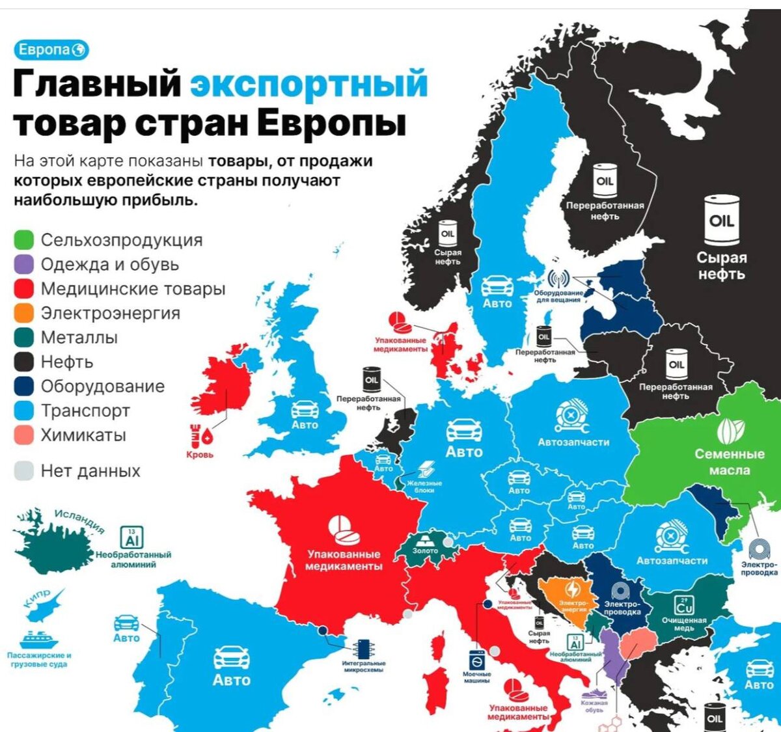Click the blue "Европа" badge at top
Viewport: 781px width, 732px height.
pos(51,50)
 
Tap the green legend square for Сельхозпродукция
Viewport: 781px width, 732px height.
pos(23,240)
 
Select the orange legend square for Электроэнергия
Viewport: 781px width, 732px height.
pos(23,313)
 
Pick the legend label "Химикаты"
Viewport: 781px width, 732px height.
pos(83,435)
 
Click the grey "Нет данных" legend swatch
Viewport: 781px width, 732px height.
pos(23,471)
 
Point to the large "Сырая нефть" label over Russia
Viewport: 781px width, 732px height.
pos(721,265)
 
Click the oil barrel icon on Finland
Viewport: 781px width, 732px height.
pos(605,180)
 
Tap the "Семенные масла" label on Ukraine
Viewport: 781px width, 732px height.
pos(729,462)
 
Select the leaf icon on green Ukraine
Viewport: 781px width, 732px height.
pos(730,431)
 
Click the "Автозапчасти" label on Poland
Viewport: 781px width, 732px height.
pos(573,442)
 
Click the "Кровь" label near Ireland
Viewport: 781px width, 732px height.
pos(200,455)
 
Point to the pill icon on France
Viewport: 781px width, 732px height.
pos(343,530)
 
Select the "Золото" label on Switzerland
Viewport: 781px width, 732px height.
pos(426,550)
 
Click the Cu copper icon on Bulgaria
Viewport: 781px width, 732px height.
pos(684,605)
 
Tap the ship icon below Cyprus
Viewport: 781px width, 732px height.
pos(39,638)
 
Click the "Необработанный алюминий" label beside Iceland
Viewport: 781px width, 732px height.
pos(133,560)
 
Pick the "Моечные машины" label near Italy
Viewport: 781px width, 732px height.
pos(477,677)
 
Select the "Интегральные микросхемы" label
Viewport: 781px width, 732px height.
pos(364,666)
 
